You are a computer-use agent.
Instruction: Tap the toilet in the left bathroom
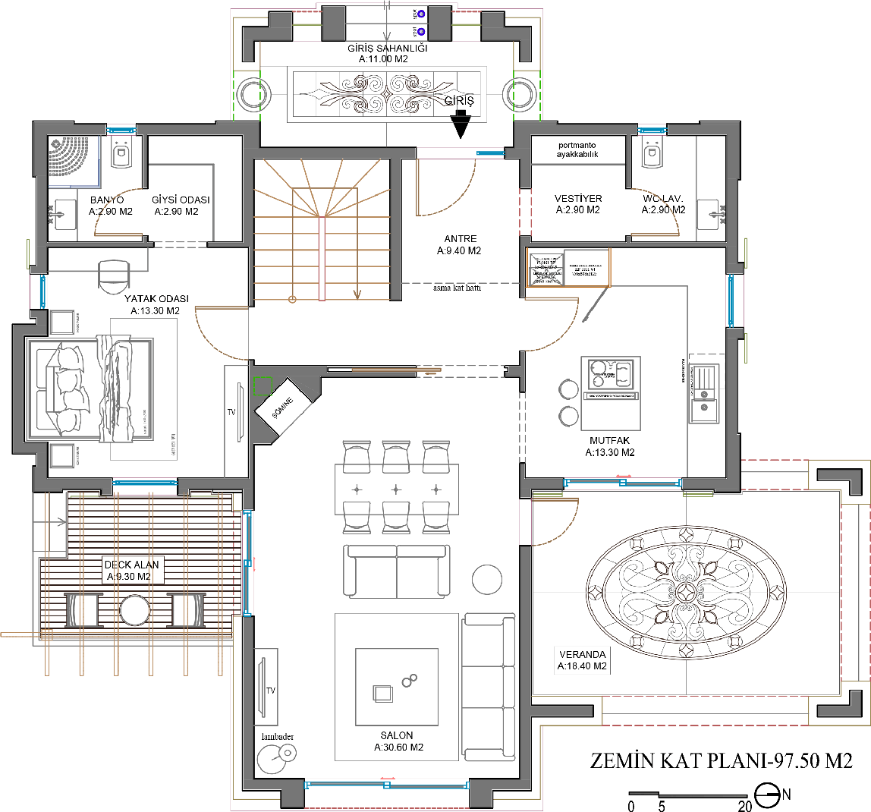121,154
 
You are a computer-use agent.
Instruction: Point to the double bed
90,389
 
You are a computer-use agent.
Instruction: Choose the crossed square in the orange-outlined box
546,267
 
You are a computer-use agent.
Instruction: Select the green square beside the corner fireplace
263,386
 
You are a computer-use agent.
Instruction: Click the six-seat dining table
396,488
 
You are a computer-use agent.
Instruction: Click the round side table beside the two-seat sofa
486,580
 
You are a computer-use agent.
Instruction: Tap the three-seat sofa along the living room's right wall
489,688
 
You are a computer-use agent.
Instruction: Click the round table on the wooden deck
134,609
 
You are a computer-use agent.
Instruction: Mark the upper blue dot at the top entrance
421,14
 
